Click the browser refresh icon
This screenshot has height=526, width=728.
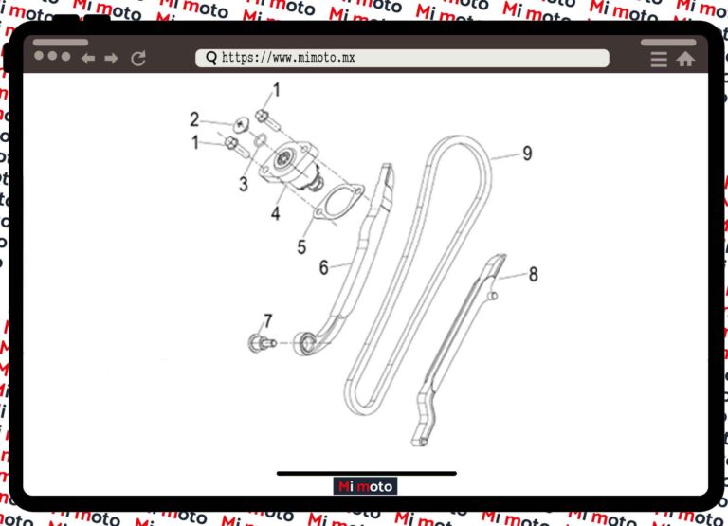click(x=138, y=59)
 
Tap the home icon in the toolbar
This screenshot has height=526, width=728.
click(x=685, y=59)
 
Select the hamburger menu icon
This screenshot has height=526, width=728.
click(x=659, y=60)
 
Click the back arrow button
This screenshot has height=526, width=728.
click(x=88, y=59)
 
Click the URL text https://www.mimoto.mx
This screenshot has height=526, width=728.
click(x=288, y=58)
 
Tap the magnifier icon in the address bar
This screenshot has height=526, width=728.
click(x=211, y=58)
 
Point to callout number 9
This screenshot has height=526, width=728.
click(x=527, y=154)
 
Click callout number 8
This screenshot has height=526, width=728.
click(x=534, y=274)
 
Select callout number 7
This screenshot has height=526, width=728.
click(x=268, y=320)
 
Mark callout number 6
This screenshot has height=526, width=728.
click(x=323, y=267)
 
